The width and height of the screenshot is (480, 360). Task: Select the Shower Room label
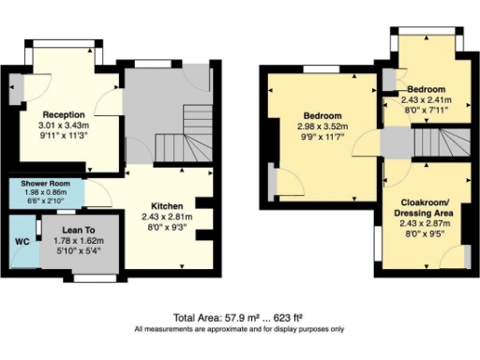[x=38, y=182]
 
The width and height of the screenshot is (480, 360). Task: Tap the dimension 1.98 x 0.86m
[x=38, y=191]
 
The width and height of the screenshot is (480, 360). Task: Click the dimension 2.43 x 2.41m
[x=427, y=98]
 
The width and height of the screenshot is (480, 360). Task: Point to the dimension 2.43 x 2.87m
[x=426, y=225]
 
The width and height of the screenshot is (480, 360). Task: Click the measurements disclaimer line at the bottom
[x=239, y=329]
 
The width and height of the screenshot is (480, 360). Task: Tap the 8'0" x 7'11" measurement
[x=427, y=109]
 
